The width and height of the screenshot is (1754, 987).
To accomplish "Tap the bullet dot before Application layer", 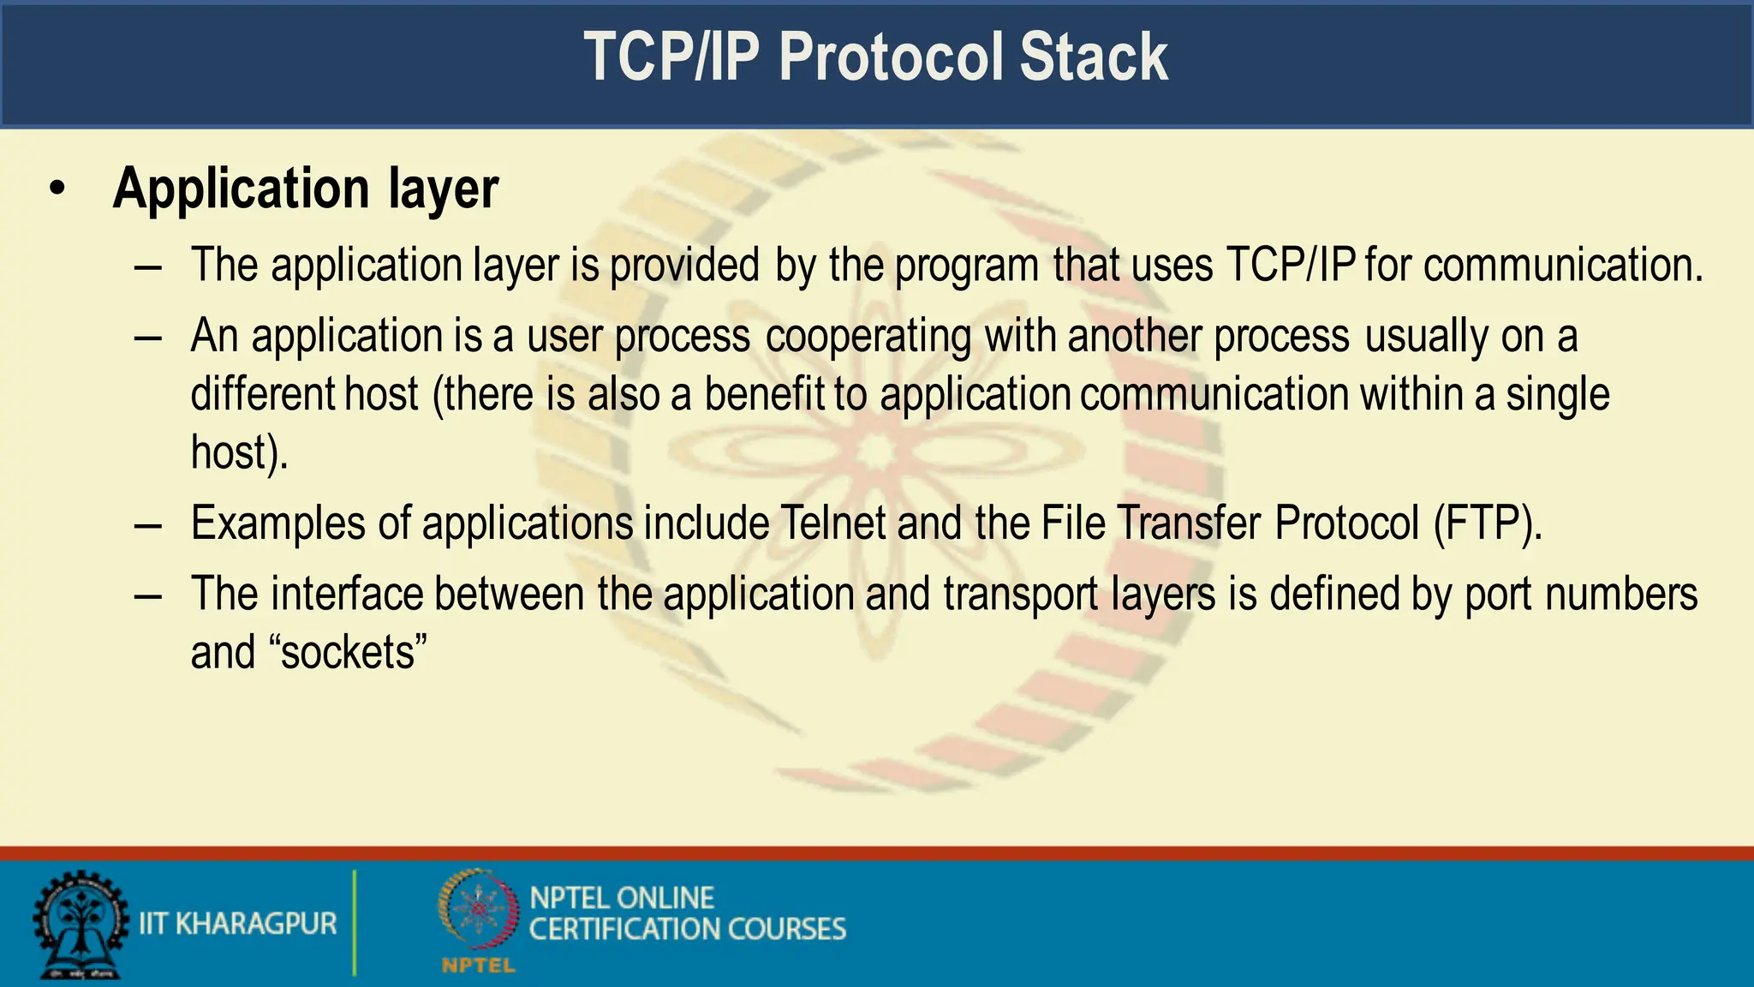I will (x=57, y=189).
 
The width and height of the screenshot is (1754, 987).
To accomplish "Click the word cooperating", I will (x=868, y=336).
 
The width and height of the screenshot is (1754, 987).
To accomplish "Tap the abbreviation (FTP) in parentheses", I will (x=1488, y=523).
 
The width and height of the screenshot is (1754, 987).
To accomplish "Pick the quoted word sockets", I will (x=348, y=653).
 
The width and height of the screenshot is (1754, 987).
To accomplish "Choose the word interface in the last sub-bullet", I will (x=347, y=595).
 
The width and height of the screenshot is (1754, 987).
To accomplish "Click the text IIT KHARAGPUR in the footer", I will (x=237, y=924).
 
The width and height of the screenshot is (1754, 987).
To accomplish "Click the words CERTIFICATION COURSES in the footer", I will (x=687, y=930).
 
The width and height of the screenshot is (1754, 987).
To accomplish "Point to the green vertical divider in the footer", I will (x=354, y=923).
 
